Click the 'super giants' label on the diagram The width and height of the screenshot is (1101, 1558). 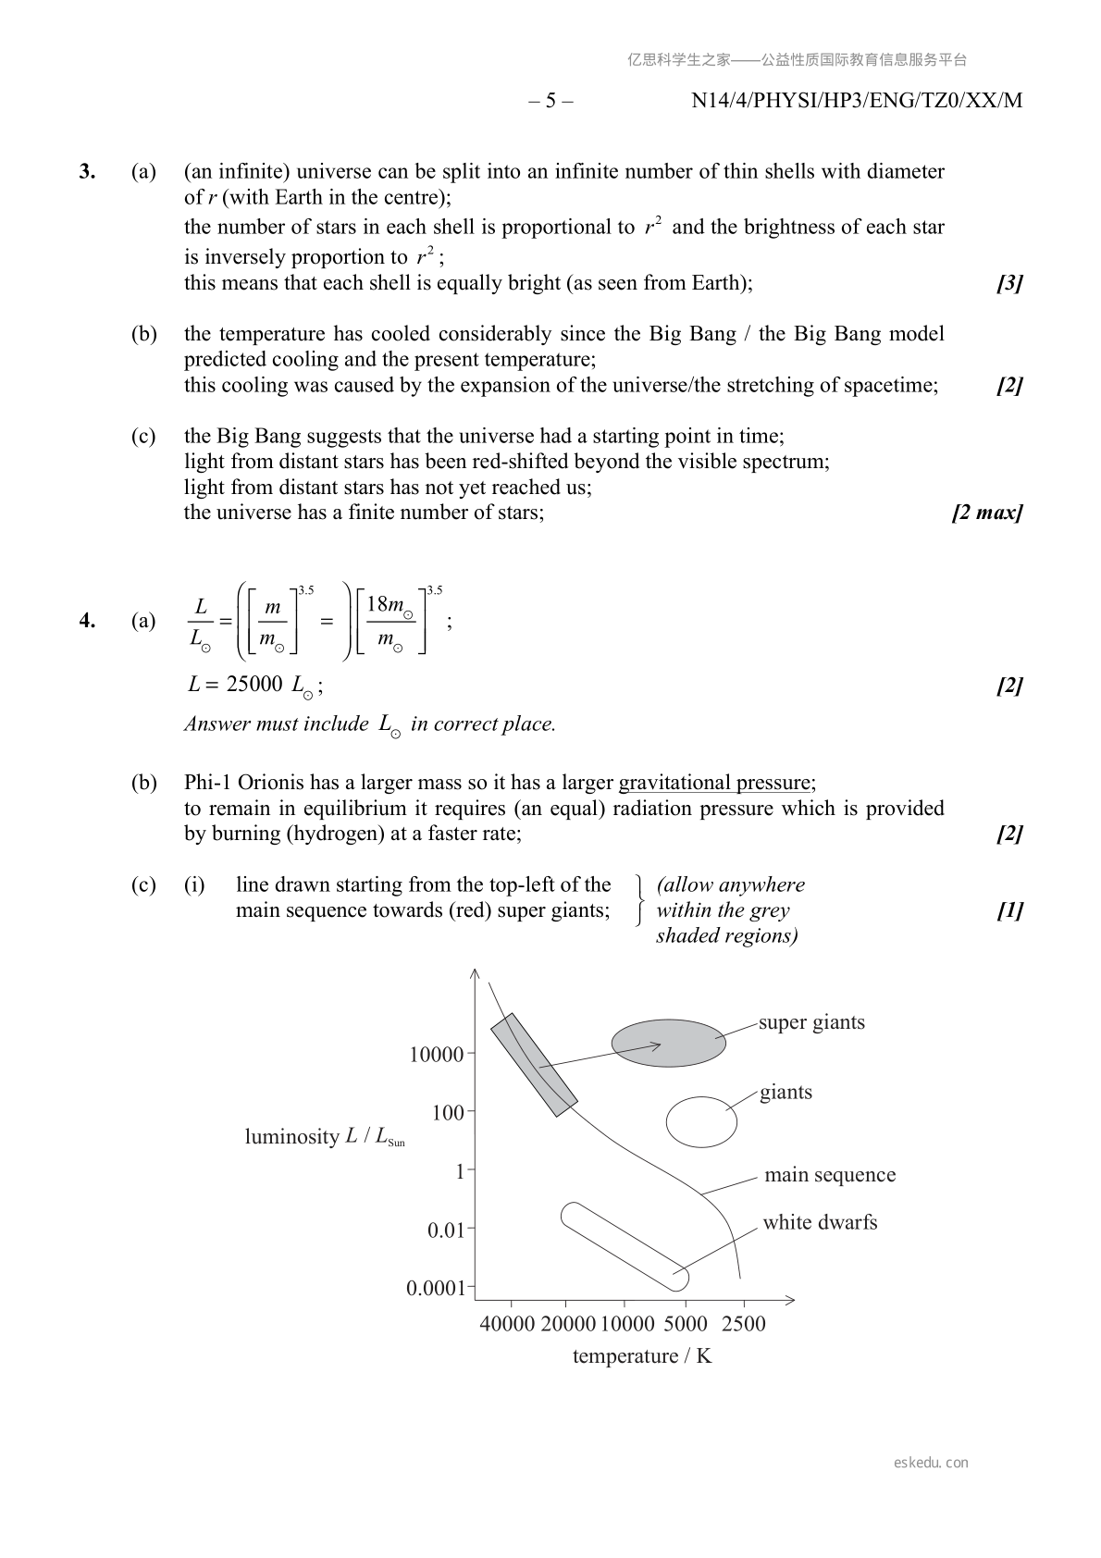coord(811,1022)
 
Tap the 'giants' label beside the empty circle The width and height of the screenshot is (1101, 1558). coord(786,1092)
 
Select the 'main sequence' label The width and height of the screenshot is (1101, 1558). coord(829,1175)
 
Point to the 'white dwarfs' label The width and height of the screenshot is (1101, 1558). coord(820,1222)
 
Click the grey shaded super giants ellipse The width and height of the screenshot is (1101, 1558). coord(668,1044)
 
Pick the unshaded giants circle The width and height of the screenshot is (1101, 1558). coord(701,1122)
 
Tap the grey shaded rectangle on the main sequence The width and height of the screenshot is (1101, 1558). coord(534,1065)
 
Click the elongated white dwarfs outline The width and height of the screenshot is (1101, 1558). coord(625,1246)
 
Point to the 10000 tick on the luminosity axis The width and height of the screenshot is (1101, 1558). coord(437,1054)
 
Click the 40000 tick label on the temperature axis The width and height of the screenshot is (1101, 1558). coord(507,1324)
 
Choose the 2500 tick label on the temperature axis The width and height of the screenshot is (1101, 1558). coord(743,1324)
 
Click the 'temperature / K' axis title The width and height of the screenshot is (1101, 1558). coord(641,1356)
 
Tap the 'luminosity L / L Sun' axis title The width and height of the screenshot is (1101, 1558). coord(324,1137)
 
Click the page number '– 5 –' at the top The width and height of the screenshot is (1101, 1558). coord(550,101)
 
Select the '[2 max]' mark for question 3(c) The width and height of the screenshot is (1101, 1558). coord(986,513)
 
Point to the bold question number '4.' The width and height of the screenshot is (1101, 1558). coord(88,621)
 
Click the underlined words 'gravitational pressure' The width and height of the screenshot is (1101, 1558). coord(714,783)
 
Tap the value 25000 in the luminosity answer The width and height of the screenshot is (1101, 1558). coord(254,685)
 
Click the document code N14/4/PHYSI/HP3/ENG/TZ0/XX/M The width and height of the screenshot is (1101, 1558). coord(856,101)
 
